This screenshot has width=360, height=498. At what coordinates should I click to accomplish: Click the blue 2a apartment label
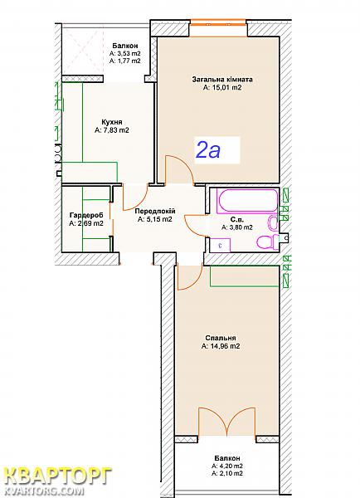[208, 150]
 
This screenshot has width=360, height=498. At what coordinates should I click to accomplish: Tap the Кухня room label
[112, 122]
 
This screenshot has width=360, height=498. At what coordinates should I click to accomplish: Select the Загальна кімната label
[222, 80]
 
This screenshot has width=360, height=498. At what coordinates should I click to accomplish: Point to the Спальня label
[221, 339]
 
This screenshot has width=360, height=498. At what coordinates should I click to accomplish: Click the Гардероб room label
[86, 215]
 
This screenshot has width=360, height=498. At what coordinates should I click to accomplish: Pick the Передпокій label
[155, 211]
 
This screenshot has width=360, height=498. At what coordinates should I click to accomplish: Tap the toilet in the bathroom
[267, 242]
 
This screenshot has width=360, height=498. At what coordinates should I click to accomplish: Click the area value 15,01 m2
[222, 87]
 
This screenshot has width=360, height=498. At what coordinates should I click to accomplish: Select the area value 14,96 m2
[221, 346]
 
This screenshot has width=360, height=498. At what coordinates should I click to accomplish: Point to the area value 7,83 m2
[112, 130]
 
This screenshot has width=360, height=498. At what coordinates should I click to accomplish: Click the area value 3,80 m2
[237, 227]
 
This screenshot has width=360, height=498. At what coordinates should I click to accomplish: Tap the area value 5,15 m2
[155, 219]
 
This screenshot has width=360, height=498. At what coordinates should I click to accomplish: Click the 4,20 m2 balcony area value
[227, 466]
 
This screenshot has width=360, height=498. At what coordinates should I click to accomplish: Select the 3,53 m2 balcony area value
[125, 53]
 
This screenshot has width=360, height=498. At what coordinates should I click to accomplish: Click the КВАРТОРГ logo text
[59, 476]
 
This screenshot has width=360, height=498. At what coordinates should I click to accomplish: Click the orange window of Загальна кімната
[218, 23]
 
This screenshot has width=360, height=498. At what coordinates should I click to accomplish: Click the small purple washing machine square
[220, 245]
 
